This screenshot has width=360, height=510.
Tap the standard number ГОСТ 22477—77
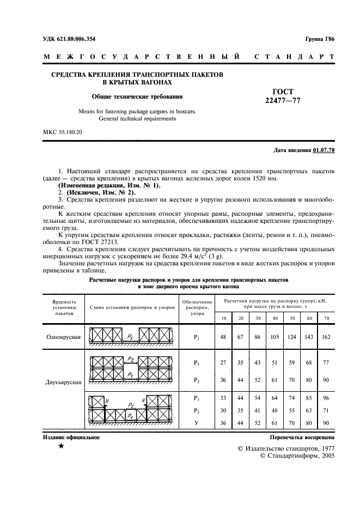point(283,96)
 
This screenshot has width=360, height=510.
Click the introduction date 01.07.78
point(324,150)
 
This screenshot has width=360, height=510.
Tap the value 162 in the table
point(326,337)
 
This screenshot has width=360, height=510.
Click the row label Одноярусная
point(64,337)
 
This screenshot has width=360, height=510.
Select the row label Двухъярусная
point(64,382)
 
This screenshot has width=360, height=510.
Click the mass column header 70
point(326,318)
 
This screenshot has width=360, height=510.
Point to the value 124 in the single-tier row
point(291,337)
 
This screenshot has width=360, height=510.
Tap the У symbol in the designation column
point(196,422)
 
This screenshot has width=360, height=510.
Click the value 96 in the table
point(326,398)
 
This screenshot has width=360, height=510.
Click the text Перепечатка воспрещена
point(302,438)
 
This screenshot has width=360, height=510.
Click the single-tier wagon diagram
point(132,336)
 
